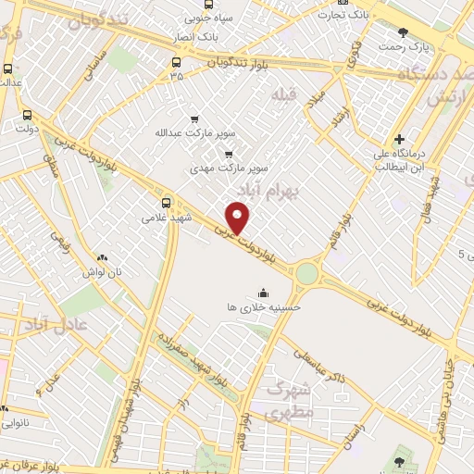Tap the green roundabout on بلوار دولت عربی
point(306,273)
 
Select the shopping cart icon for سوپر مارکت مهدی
point(228,155)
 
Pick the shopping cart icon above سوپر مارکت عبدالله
point(193,119)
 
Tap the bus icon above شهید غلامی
point(167,203)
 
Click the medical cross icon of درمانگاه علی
point(399,139)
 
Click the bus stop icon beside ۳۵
point(176,64)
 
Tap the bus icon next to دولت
point(26,117)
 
